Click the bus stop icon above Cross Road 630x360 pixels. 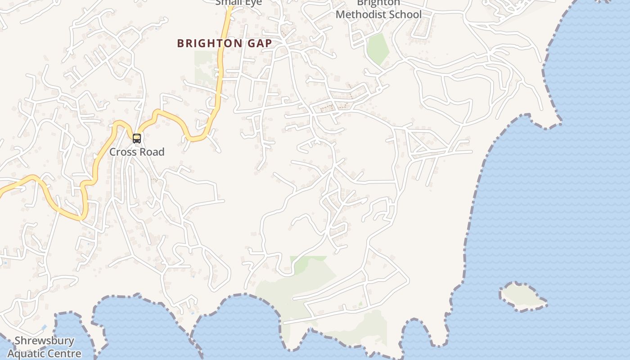click(137, 139)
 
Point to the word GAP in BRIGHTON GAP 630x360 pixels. click(259, 44)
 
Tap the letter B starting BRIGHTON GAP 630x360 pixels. click(181, 44)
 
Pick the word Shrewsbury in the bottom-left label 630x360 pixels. click(44, 341)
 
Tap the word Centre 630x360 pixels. click(64, 354)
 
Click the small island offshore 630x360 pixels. click(522, 296)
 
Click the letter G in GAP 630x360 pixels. click(251, 44)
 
